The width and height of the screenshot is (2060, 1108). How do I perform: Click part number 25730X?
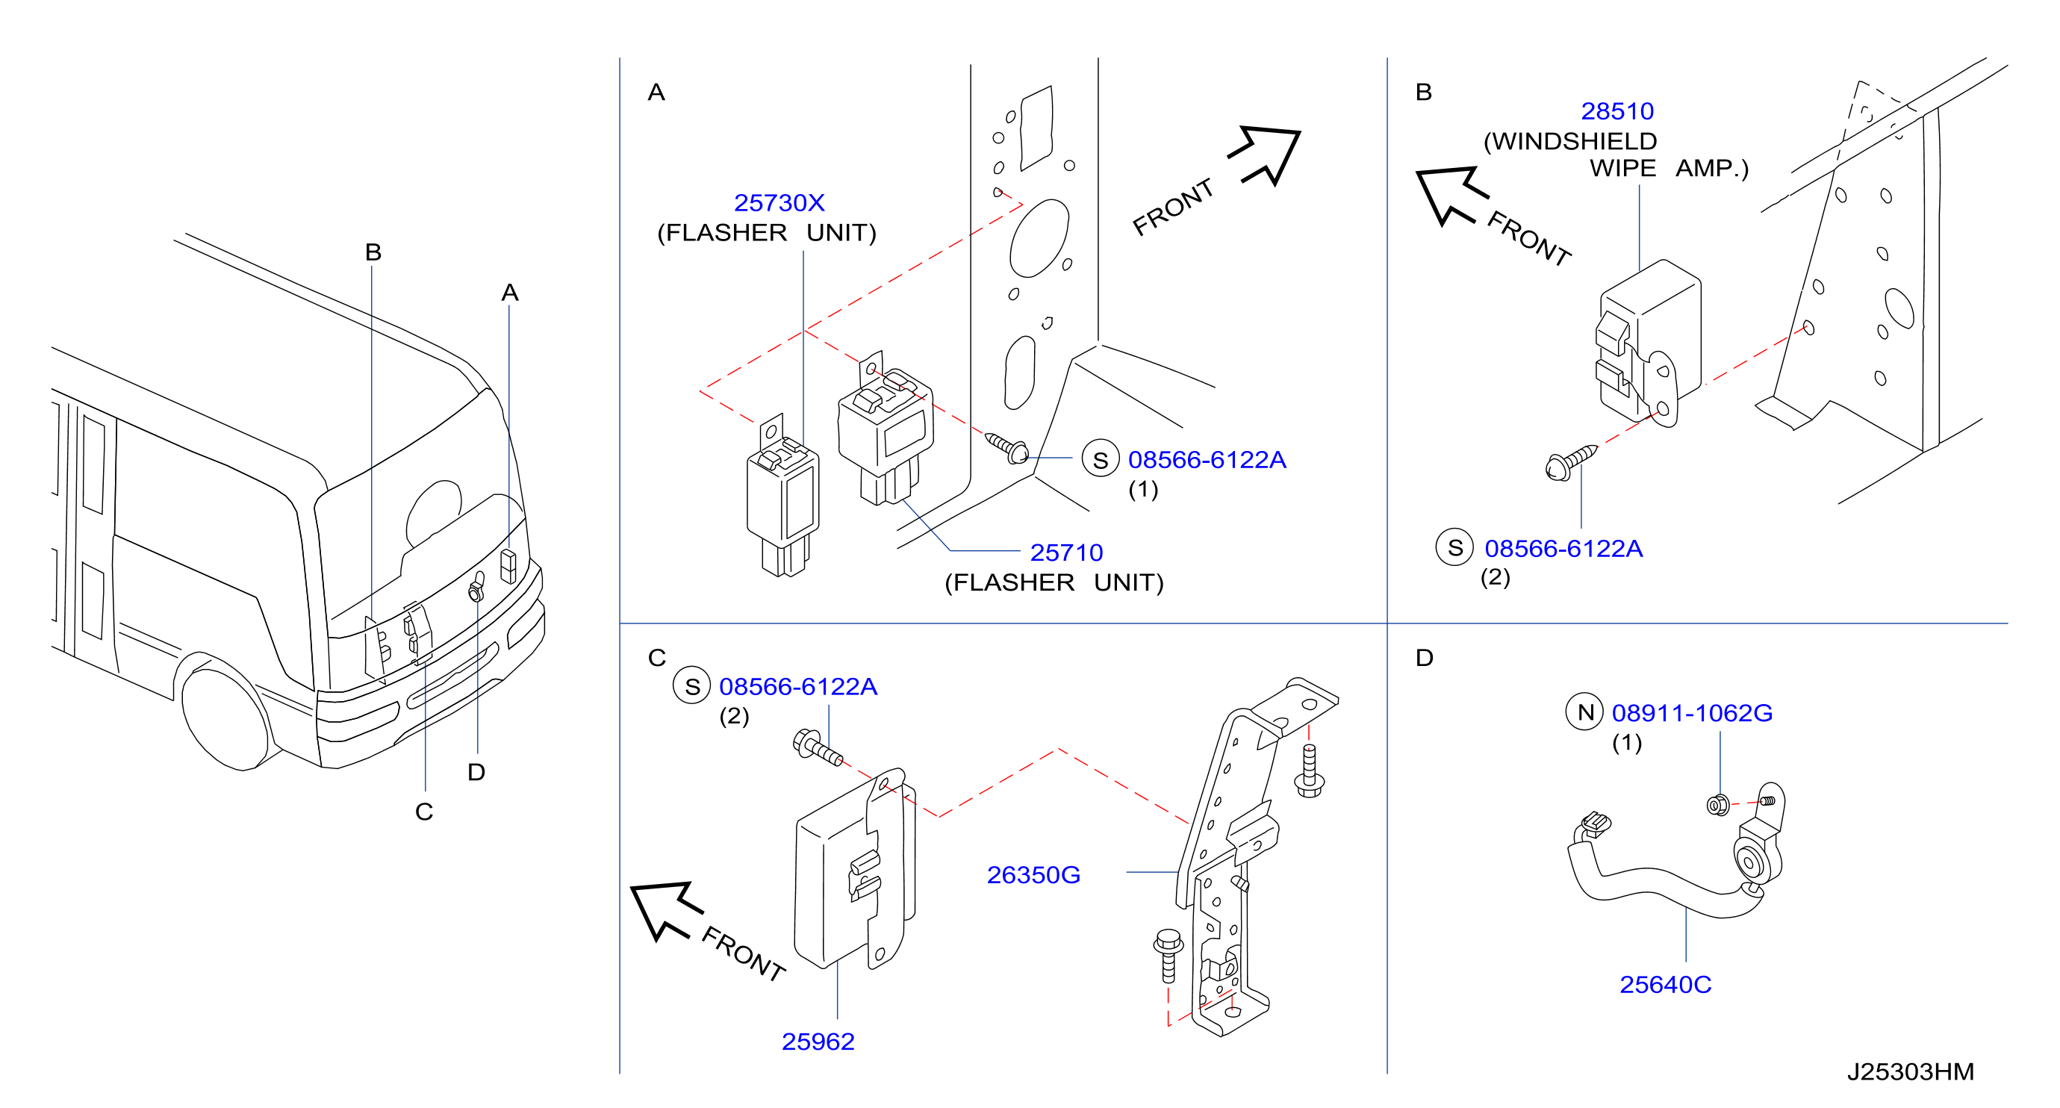tap(779, 203)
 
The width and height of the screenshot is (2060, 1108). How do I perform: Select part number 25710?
tap(1066, 553)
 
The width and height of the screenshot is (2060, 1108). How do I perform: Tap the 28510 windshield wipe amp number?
tap(1617, 111)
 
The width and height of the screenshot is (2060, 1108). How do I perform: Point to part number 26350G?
tap(1033, 874)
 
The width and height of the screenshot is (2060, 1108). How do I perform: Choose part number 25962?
tap(818, 1041)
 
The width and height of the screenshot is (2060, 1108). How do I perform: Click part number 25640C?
tap(1666, 984)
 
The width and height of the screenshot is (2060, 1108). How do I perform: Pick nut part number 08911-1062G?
tap(1692, 712)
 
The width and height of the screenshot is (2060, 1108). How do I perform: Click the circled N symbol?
tap(1585, 712)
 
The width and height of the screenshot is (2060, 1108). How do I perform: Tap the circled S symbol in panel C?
tap(691, 686)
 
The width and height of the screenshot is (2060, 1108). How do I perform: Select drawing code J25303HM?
tap(1911, 1071)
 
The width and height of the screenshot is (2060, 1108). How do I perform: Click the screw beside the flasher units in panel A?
tap(1006, 448)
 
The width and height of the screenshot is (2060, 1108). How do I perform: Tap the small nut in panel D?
tap(1718, 805)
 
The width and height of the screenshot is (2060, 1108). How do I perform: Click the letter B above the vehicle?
tap(373, 252)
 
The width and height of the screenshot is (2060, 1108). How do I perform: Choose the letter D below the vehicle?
tap(476, 771)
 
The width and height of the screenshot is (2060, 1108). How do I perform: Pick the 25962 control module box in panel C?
tap(854, 871)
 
